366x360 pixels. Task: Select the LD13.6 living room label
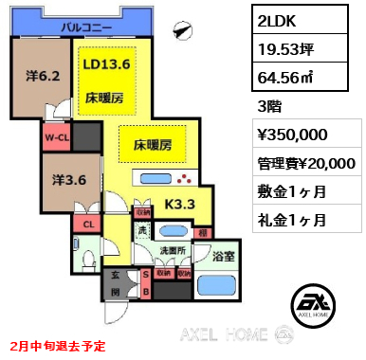[x=106, y=65]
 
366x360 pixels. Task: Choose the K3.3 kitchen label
[x=180, y=202]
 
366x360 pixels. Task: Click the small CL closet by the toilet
[x=87, y=225]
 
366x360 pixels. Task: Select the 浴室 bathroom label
[x=223, y=256]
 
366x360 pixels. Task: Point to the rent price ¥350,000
[x=293, y=135]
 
